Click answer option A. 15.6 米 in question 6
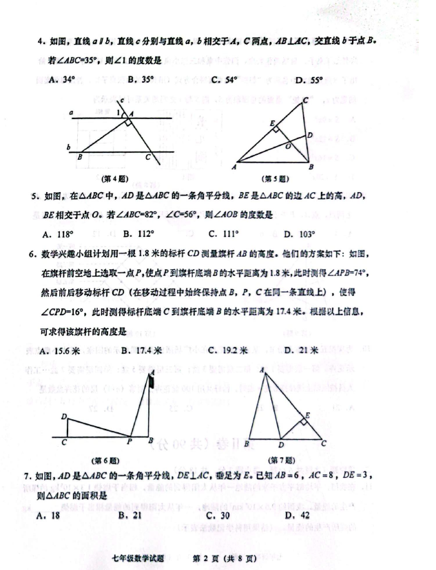[61, 350]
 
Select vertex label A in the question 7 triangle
[262, 370]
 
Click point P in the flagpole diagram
[129, 441]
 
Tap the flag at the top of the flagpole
[151, 378]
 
